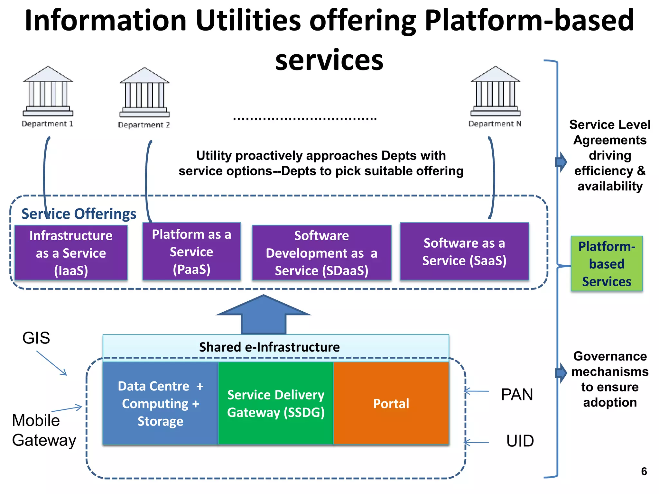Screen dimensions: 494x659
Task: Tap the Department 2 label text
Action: click(144, 125)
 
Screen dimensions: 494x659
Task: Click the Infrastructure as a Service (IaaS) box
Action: click(71, 253)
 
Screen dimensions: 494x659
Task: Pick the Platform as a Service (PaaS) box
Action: click(191, 252)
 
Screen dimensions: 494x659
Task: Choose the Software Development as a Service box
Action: click(321, 253)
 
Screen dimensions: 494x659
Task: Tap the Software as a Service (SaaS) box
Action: click(464, 252)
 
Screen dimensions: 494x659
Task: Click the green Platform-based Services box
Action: click(607, 264)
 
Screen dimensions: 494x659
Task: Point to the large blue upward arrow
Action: click(264, 315)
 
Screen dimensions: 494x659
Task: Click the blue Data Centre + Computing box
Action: click(160, 403)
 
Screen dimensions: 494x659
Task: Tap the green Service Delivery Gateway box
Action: click(276, 403)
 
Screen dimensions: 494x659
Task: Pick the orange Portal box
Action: click(391, 403)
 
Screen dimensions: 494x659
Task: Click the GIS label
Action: click(36, 338)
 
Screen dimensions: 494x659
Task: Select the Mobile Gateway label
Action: click(44, 430)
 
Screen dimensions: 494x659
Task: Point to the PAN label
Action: click(517, 395)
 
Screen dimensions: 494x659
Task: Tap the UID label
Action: click(520, 441)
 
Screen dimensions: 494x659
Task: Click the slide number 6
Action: click(644, 471)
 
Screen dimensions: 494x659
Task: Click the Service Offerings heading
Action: click(79, 214)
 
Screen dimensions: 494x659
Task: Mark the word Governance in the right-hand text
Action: click(610, 356)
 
